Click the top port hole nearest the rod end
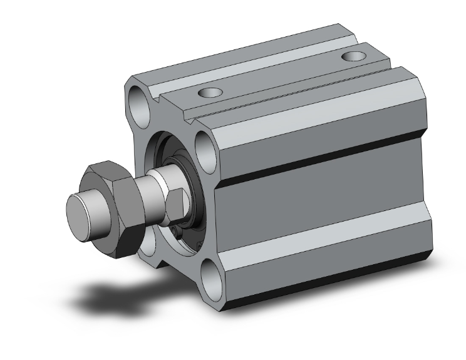pyautogui.click(x=209, y=93)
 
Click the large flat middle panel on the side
pyautogui.click(x=319, y=207)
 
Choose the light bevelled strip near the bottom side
pyautogui.click(x=326, y=263)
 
